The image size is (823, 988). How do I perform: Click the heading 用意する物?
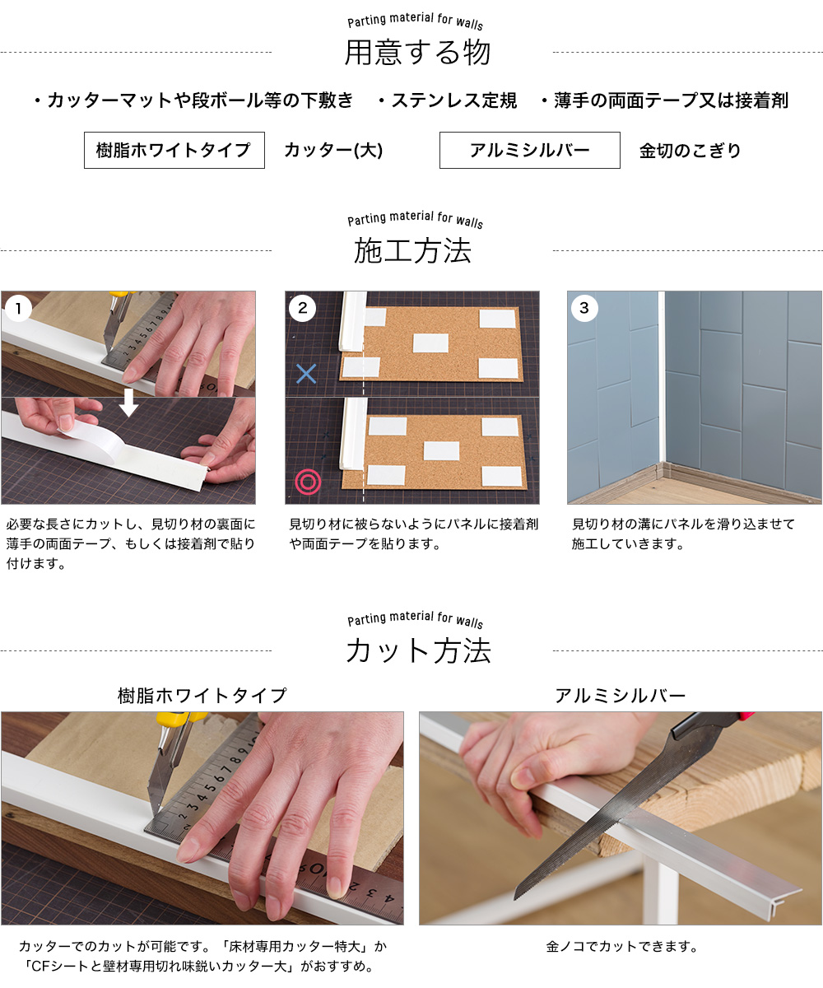[417, 52]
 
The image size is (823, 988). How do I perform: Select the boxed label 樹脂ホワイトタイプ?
[174, 150]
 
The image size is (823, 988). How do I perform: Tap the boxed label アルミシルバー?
[530, 150]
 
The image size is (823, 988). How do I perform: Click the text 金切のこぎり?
[690, 151]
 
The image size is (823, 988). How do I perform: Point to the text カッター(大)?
[333, 151]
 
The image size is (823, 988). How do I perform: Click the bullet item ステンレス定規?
[448, 100]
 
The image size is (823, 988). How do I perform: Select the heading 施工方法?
[412, 250]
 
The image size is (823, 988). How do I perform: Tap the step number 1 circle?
[18, 309]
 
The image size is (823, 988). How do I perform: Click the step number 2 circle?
[302, 308]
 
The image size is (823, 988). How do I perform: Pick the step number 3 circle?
[584, 308]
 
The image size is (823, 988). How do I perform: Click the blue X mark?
[306, 374]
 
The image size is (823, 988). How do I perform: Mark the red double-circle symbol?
[308, 482]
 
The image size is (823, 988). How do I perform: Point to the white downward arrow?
[128, 403]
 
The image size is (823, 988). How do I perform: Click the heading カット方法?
[418, 650]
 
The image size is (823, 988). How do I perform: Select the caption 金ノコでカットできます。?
[622, 946]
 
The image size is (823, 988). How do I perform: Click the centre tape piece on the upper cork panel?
[430, 343]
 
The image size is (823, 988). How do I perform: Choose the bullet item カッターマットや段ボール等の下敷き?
[194, 100]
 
